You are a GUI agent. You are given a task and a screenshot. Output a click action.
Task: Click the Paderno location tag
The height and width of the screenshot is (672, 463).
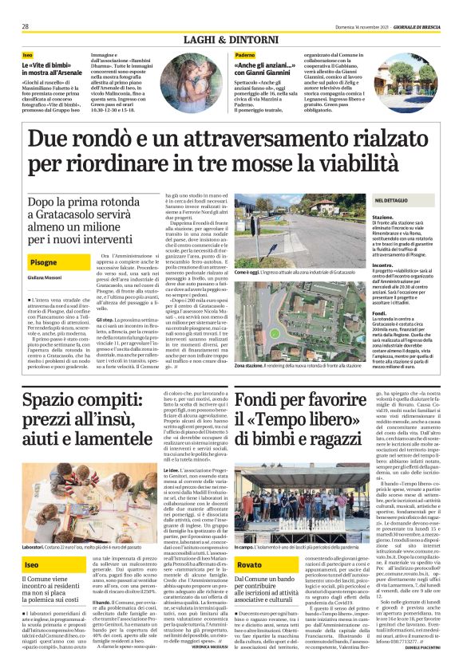point(246,54)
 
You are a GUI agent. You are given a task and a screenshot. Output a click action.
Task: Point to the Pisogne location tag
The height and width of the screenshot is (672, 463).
point(44,262)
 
